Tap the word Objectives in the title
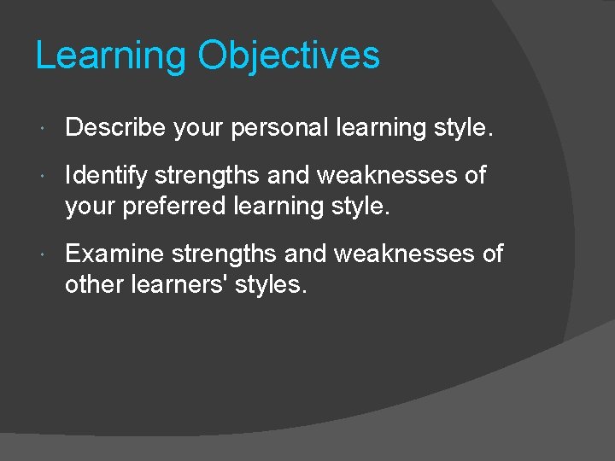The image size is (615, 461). tap(289, 56)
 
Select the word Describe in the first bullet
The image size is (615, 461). tap(114, 128)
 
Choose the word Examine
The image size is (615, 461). tap(114, 254)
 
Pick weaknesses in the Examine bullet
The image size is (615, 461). tap(401, 254)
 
